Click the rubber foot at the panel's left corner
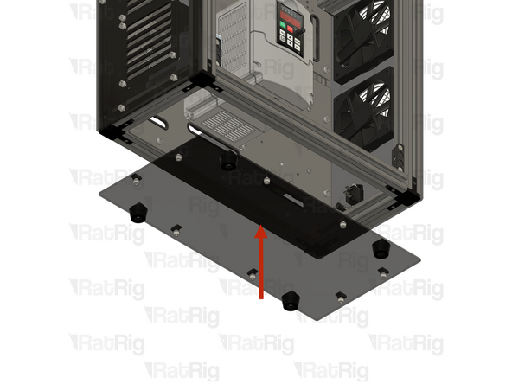coord(137,211)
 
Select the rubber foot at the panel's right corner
coord(379,249)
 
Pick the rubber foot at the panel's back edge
coord(227,161)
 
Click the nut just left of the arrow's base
coord(252,275)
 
